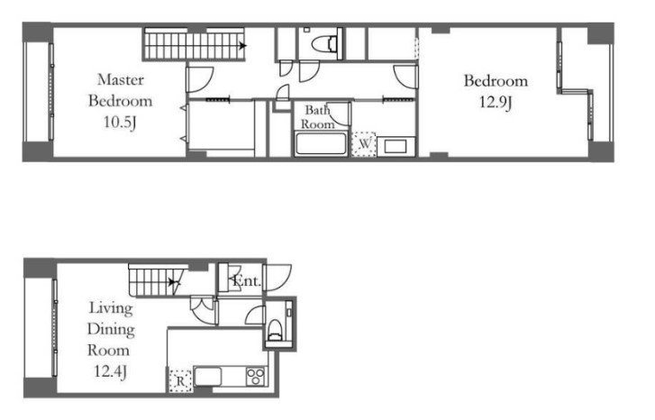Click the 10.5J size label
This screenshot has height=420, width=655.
121,123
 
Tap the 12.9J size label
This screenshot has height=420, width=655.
496,103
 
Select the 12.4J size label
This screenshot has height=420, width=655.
110,371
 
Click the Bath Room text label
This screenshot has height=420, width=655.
318,117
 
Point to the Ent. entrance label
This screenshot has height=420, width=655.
247,281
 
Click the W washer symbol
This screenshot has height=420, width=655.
364,144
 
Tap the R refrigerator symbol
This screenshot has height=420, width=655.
180,381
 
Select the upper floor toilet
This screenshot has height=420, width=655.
325,43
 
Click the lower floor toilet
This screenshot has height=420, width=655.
275,329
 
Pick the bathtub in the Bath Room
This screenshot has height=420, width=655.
321,144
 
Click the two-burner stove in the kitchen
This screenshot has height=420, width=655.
256,376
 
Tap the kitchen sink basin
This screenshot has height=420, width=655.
207,377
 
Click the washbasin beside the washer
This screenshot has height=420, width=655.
396,147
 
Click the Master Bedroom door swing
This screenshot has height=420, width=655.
200,79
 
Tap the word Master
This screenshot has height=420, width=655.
121,79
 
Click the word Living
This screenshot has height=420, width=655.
111,308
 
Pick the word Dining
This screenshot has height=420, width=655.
111,330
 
